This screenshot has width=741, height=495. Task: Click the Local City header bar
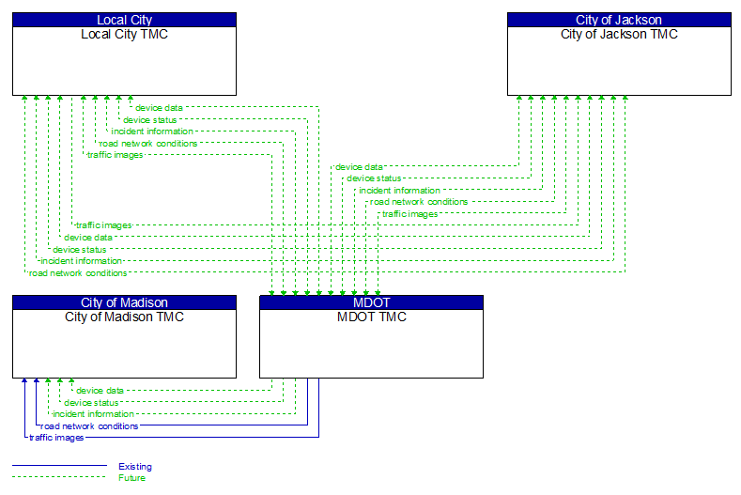pos(124,20)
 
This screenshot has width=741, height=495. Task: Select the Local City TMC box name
pos(124,35)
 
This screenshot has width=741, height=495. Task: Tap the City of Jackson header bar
pos(619,20)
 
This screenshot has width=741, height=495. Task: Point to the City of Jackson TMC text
pos(619,35)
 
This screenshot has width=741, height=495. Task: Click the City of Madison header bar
pos(124,302)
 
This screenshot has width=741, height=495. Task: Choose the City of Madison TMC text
pos(124,317)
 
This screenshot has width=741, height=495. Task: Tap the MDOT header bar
pos(371,302)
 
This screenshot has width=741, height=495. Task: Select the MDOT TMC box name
pos(371,317)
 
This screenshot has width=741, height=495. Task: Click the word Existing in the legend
pos(134,467)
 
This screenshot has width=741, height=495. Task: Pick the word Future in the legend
pos(131,478)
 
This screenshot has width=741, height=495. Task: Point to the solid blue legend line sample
pos(59,466)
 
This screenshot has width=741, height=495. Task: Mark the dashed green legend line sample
pos(59,477)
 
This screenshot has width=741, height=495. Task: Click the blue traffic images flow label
pos(56,438)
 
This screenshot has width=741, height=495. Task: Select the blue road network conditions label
pos(89,426)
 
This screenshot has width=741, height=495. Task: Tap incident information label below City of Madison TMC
pos(93,414)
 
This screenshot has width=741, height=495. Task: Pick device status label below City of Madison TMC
pos(91,403)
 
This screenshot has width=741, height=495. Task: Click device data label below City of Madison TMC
pos(100,391)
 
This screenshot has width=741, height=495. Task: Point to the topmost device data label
pos(159,108)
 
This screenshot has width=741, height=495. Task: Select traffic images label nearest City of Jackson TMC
pos(409,214)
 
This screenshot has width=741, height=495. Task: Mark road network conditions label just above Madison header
pos(78,273)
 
